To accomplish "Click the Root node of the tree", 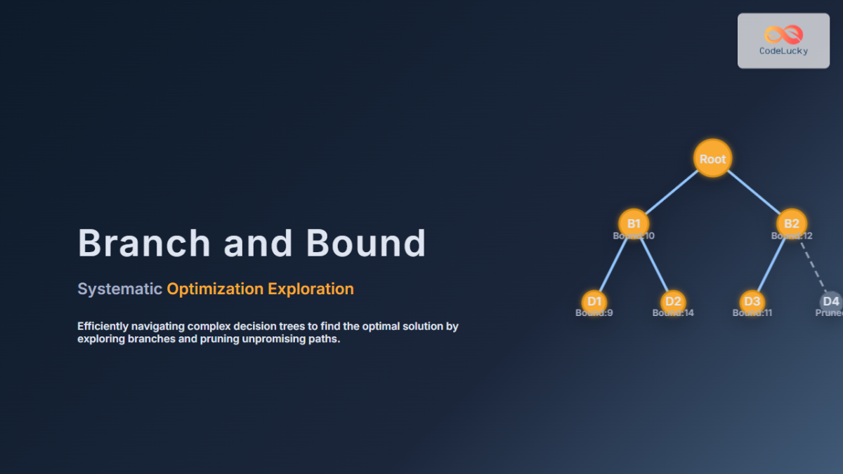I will pos(712,158).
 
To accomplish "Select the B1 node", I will pos(634,223).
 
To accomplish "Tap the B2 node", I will pos(792,223).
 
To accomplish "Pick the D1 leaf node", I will pos(595,301).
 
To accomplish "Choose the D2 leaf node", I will pos(673,301).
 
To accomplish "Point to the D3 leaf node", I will pos(752,301).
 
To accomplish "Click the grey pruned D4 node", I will pos(831,301).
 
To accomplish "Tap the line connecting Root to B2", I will pos(753,192).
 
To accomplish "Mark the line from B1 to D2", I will pos(654,263).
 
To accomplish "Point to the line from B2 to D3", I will pos(771,263).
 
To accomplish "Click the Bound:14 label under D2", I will pos(673,312).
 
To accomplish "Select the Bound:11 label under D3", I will pos(752,312).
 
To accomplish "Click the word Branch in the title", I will pos(144,243).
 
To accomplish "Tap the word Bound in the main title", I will pos(365,243).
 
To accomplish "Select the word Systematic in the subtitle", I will pos(119,289).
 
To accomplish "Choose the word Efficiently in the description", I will pos(103,327).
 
